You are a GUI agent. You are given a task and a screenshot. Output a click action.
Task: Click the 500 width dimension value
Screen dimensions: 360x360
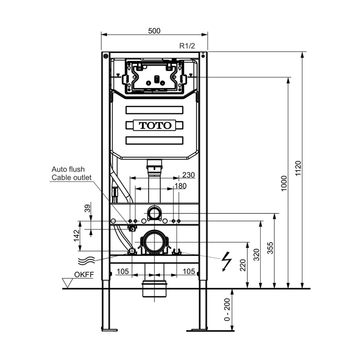pos(154,31)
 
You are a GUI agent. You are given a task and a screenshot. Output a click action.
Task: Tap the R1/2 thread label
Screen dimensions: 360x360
pos(187,46)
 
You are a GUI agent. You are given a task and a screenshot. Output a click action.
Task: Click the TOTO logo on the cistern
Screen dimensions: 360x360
pos(155,125)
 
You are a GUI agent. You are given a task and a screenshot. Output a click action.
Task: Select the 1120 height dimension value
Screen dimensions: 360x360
pos(298,168)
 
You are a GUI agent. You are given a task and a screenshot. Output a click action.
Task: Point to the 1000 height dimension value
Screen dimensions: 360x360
pos(284,183)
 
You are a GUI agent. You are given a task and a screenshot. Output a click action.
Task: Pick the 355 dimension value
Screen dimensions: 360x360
pos(270,248)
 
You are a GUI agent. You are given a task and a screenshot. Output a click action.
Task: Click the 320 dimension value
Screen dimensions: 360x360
pos(256,255)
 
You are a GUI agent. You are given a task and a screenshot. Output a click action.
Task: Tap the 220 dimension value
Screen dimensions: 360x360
pos(243,265)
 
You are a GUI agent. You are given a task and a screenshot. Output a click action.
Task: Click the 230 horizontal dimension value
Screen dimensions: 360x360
pos(188,175)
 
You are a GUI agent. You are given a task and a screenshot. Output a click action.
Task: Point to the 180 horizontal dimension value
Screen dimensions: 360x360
pos(180,186)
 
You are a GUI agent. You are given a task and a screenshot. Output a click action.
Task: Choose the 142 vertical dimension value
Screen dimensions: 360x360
pos(76,235)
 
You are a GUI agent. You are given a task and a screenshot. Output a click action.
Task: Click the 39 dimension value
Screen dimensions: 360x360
pos(87,208)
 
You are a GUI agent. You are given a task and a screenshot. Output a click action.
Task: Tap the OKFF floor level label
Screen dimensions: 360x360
pos(84,274)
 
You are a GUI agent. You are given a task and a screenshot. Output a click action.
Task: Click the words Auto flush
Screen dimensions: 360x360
pos(68,169)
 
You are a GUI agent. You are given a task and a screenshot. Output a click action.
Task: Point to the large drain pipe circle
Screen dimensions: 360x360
pos(154,242)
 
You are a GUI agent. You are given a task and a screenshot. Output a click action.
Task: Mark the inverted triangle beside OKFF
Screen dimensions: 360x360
pos(67,283)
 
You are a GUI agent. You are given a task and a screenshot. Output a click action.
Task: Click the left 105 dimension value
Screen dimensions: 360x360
pos(123,271)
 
